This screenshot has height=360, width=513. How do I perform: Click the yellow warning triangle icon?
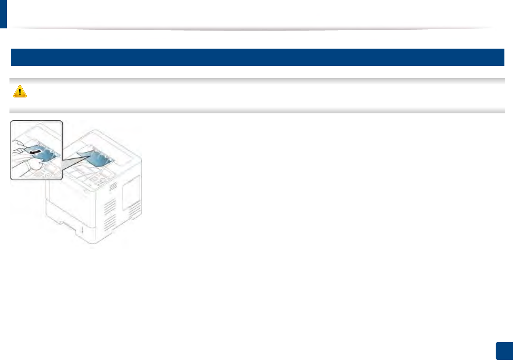(x=20, y=91)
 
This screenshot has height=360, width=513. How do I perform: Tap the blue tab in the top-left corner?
(x=3, y=14)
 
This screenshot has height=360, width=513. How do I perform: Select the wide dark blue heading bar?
(x=257, y=57)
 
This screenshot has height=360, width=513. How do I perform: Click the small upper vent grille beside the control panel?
(x=113, y=186)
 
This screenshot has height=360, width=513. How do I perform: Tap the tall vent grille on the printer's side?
(x=110, y=214)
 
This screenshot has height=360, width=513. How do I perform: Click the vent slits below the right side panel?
(x=135, y=211)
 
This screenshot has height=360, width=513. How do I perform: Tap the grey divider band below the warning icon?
(x=257, y=110)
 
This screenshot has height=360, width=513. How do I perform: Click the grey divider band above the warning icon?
(x=257, y=81)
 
